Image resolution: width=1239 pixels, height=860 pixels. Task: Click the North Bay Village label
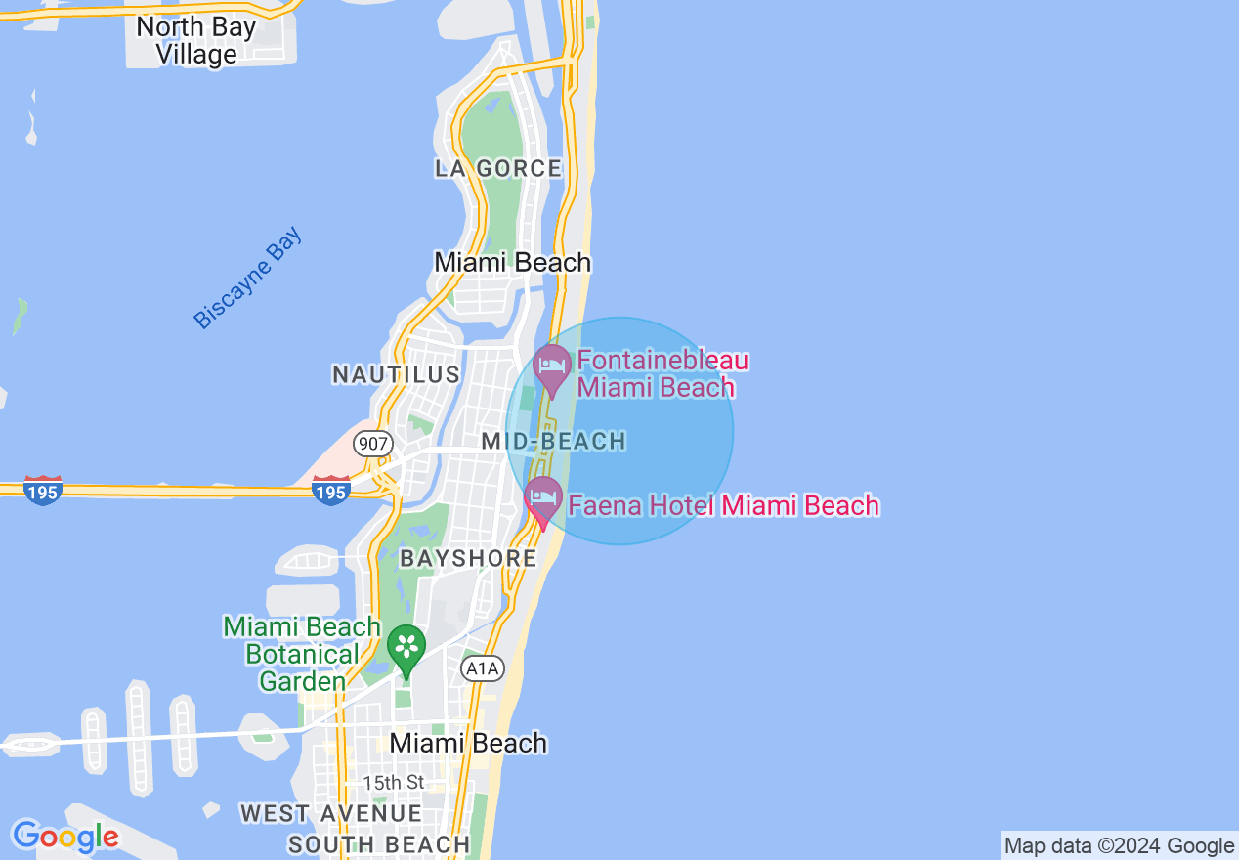click(x=195, y=40)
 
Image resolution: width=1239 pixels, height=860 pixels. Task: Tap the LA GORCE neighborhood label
click(x=498, y=168)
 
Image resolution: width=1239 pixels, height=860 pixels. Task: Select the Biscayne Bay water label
click(x=248, y=279)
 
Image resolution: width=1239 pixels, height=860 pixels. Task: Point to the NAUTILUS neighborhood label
click(x=396, y=374)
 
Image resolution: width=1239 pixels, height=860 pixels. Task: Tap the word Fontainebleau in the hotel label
click(x=662, y=361)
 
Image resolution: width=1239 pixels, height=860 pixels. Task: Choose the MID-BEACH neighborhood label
click(x=553, y=441)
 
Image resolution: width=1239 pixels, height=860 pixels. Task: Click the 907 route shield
click(x=373, y=442)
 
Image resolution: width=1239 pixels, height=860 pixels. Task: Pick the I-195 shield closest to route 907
click(x=331, y=490)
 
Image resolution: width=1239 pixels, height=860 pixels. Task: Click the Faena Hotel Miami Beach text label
click(x=724, y=505)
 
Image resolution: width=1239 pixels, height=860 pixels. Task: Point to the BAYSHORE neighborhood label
click(x=468, y=558)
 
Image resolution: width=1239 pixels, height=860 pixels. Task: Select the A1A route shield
click(x=483, y=668)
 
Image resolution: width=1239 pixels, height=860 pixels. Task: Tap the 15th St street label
click(x=394, y=783)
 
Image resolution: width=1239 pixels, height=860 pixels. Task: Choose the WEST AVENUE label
click(x=330, y=813)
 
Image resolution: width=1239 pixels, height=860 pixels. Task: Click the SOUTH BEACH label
click(x=379, y=844)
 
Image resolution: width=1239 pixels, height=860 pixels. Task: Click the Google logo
click(x=65, y=837)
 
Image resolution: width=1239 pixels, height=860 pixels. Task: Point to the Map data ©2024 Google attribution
click(x=1119, y=846)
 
